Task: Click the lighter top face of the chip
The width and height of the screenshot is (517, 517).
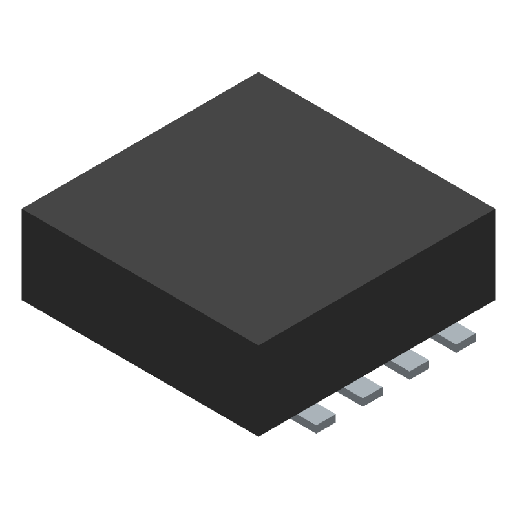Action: pos(258,207)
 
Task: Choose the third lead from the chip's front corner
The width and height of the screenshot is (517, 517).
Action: pos(407,363)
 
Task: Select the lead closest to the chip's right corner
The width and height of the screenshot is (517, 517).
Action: pos(454,336)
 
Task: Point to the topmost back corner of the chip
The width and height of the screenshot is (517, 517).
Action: pos(258,72)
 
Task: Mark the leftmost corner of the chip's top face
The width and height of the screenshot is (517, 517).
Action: pos(23,209)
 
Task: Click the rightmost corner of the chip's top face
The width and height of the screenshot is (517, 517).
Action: pos(494,209)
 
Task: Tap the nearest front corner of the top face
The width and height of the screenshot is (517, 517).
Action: pos(258,344)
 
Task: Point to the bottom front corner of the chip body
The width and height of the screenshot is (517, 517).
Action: pos(258,436)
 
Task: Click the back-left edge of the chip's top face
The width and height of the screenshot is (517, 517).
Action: pos(140,140)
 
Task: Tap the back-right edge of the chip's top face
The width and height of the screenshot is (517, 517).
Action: pos(377,140)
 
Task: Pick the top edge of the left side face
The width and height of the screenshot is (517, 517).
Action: pos(140,277)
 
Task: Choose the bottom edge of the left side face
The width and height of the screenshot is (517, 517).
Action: pos(140,368)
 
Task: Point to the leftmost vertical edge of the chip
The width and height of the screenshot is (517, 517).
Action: pos(23,255)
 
